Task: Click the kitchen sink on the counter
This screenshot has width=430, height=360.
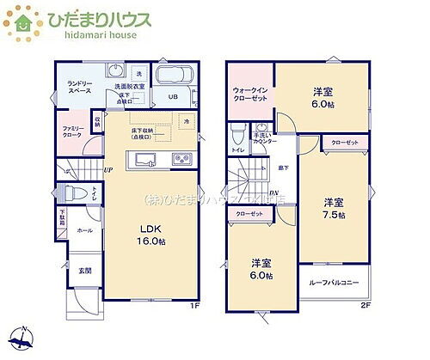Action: click(x=142, y=160)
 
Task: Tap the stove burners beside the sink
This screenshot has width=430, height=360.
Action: click(x=181, y=159)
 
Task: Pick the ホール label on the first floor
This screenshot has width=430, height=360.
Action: click(x=84, y=231)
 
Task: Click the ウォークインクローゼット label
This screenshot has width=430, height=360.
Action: click(x=250, y=95)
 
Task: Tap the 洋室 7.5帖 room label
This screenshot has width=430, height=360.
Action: click(x=334, y=208)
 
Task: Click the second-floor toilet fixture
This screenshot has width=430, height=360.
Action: click(x=237, y=131)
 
